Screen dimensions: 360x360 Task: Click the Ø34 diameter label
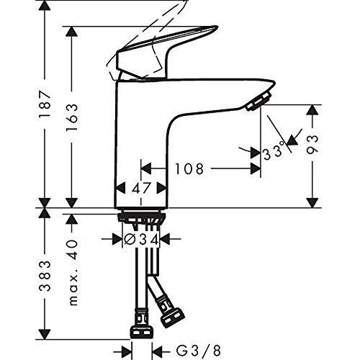click(x=142, y=238)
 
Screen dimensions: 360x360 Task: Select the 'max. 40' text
click(x=73, y=273)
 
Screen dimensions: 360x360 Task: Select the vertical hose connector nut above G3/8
click(x=140, y=332)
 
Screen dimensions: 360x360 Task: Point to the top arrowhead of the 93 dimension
click(x=313, y=109)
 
